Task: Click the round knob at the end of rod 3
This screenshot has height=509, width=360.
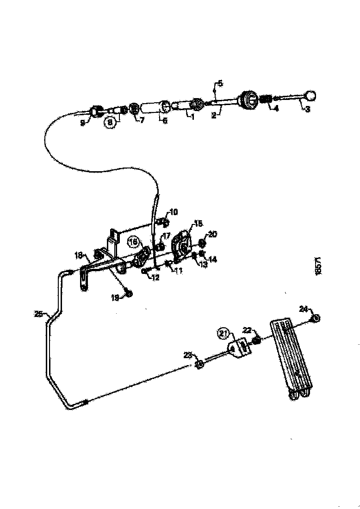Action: click(311, 96)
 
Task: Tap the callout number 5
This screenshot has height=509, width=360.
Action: click(220, 84)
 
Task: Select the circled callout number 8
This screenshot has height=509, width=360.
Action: click(109, 123)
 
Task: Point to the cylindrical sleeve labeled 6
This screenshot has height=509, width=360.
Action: click(154, 108)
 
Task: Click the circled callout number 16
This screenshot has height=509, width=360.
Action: click(133, 242)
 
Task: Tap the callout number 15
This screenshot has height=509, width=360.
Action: click(199, 224)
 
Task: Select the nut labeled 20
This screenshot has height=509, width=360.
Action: click(203, 243)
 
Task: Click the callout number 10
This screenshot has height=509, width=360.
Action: click(173, 212)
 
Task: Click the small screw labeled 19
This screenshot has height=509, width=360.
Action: click(129, 293)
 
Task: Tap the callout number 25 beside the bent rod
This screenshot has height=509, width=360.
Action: click(38, 314)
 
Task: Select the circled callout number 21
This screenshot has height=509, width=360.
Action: click(224, 332)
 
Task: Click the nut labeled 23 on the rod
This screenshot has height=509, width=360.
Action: click(200, 365)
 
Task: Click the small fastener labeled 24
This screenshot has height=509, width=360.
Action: click(315, 318)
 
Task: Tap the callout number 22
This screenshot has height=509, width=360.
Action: click(247, 330)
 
